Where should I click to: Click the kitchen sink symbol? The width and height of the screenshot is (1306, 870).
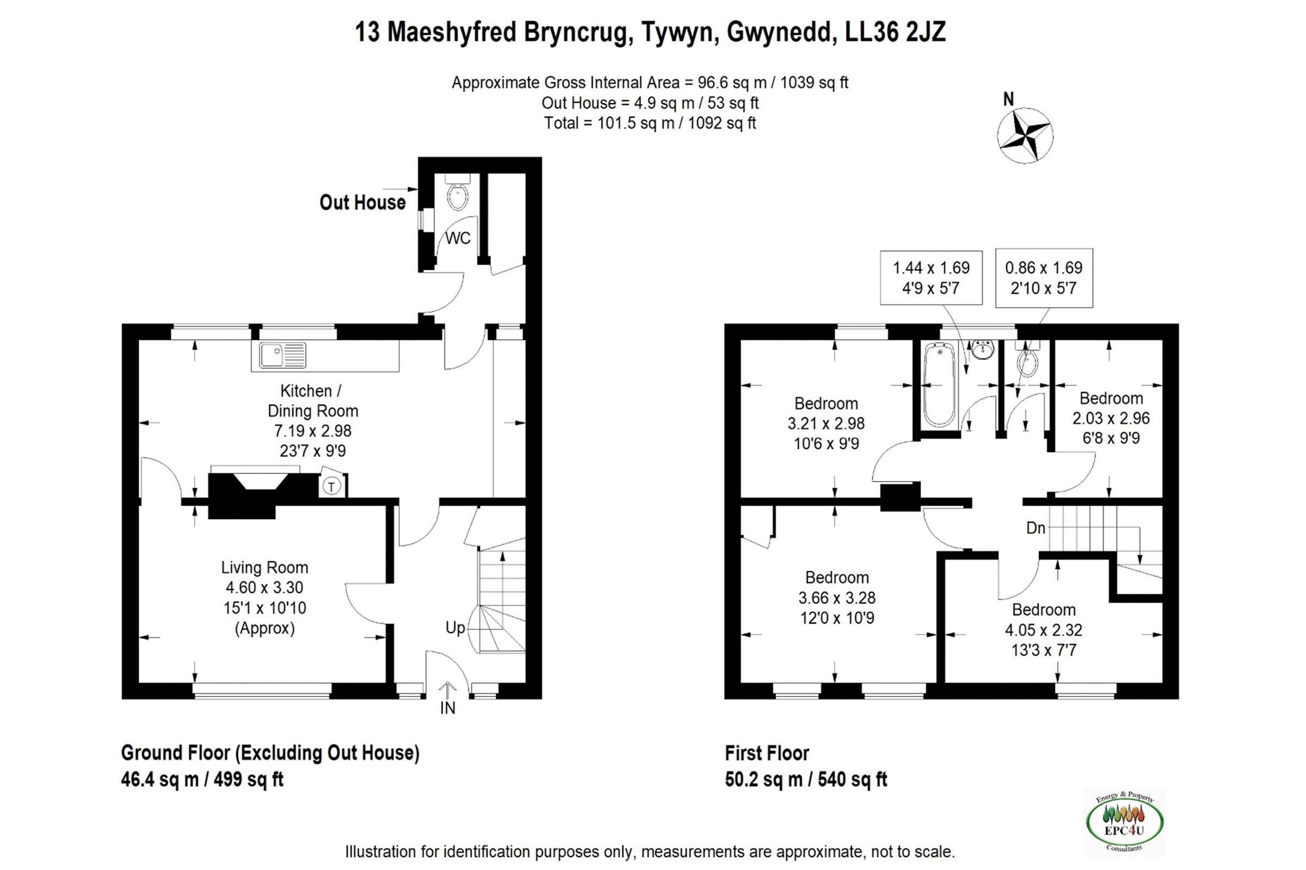tap(282, 355)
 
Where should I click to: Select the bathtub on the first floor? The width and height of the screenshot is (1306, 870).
tap(940, 384)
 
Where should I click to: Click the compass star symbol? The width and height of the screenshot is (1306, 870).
tap(1025, 135)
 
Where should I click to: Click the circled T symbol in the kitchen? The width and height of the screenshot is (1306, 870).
tap(331, 487)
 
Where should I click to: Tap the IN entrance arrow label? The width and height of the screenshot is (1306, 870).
tap(447, 707)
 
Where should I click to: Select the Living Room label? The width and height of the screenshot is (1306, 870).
tap(264, 567)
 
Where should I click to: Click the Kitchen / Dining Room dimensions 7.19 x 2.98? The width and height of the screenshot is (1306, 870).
tap(312, 431)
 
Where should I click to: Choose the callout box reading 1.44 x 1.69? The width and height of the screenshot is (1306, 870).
tap(931, 277)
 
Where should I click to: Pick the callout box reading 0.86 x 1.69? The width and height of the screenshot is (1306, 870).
tap(1043, 277)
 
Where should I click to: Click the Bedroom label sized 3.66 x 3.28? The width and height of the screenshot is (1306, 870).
tap(837, 577)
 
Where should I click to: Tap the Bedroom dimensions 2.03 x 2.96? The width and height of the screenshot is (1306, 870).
tap(1111, 418)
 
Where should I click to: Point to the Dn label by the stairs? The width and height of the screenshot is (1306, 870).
tap(1036, 527)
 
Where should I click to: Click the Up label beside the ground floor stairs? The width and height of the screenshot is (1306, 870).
tap(455, 627)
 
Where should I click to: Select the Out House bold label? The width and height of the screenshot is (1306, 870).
tap(362, 202)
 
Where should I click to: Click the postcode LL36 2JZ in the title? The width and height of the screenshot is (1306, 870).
tap(895, 32)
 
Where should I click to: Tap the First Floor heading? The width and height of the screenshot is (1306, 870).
tap(767, 753)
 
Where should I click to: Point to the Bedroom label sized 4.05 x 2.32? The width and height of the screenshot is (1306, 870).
tap(1043, 610)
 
